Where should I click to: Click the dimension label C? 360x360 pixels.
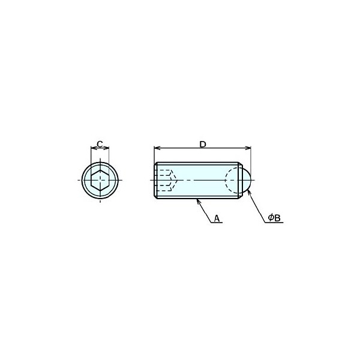tap(100, 144)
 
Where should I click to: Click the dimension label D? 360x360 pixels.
tap(203, 145)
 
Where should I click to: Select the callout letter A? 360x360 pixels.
tap(217, 218)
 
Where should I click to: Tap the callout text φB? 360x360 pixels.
tap(275, 218)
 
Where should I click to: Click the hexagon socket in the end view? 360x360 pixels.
tap(100, 180)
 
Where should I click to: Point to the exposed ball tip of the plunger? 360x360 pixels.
tap(247, 180)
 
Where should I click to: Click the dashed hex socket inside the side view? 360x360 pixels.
tap(166, 180)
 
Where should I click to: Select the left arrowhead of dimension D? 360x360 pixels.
tap(157, 148)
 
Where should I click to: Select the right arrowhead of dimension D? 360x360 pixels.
tap(248, 148)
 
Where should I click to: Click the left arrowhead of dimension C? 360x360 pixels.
tap(92, 148)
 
